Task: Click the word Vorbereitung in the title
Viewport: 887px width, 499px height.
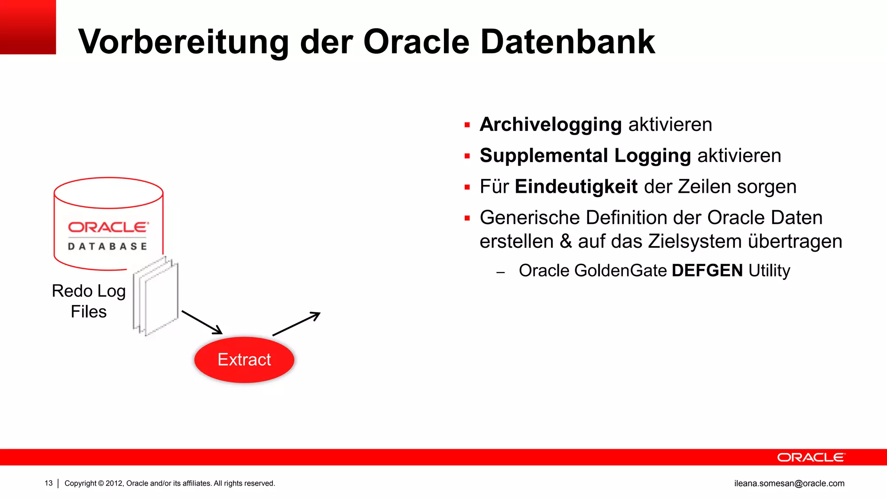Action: tap(183, 42)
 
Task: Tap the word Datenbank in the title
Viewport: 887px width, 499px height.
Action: tap(567, 42)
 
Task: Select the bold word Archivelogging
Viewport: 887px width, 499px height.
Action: tap(551, 125)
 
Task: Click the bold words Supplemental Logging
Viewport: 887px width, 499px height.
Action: tap(585, 156)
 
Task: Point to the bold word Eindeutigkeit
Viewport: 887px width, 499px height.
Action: tap(576, 187)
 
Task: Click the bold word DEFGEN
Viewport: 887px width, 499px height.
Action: tap(707, 271)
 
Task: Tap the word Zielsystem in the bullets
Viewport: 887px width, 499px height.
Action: tap(694, 242)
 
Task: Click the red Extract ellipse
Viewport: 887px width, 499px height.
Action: tap(244, 360)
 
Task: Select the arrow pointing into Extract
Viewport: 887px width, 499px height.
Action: tap(202, 322)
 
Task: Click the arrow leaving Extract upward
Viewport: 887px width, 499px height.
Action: tap(297, 324)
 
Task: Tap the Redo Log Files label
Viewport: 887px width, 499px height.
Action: tap(89, 301)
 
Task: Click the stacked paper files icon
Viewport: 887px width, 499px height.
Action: tap(155, 296)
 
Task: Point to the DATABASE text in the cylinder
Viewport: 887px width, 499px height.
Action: tap(107, 246)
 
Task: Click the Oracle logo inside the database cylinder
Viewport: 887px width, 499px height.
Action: tap(108, 227)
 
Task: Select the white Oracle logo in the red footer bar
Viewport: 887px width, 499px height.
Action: tap(810, 457)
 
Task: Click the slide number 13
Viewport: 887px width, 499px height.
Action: tap(49, 483)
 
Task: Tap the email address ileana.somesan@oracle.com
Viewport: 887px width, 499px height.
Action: tap(789, 483)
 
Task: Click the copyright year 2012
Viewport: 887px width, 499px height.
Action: tap(114, 483)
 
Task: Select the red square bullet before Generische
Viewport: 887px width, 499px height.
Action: tap(467, 218)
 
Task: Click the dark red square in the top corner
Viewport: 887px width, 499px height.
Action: tap(28, 27)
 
